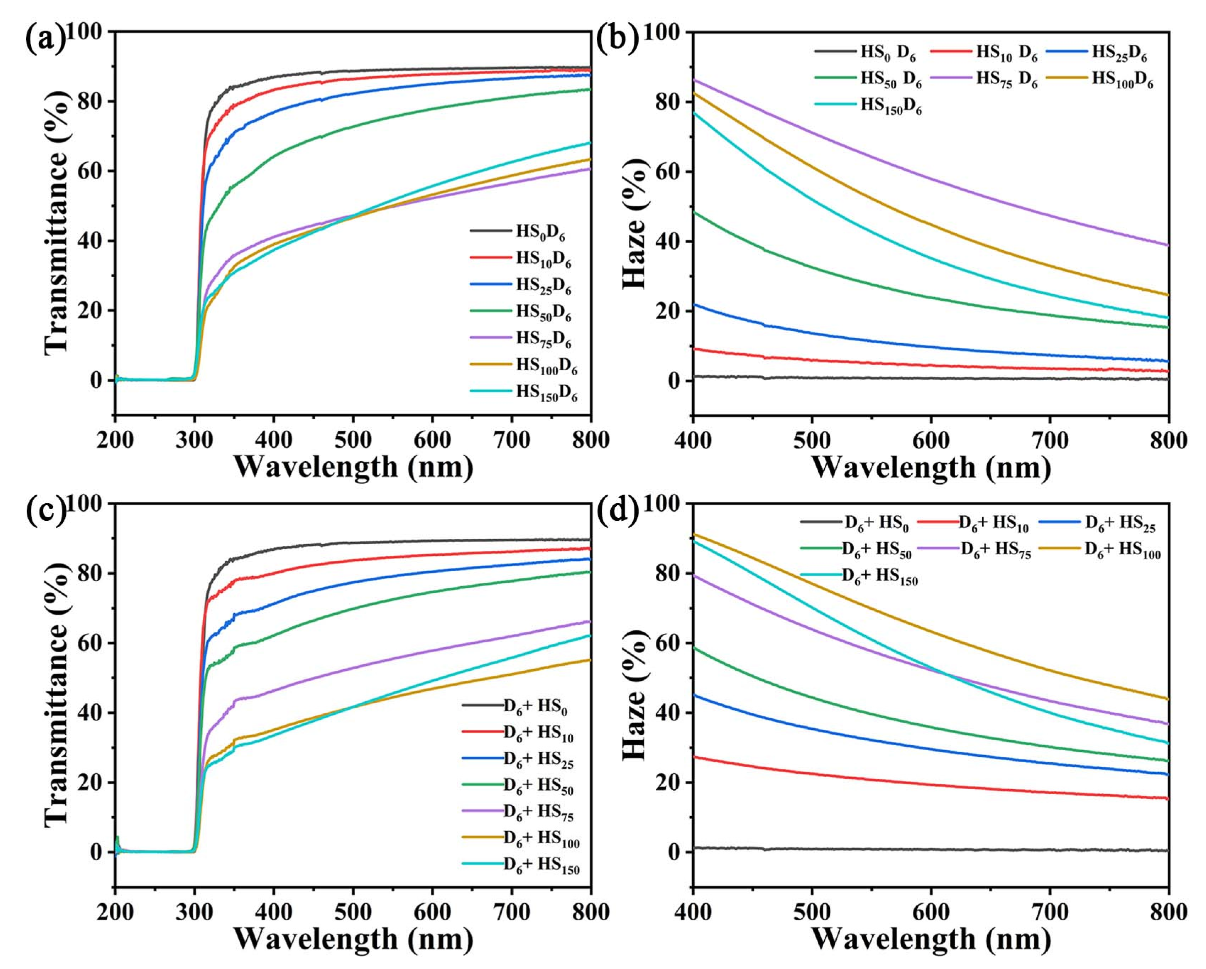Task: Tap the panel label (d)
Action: (x=617, y=510)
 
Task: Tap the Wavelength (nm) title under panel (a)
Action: (x=354, y=467)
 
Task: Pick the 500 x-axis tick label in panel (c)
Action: (x=353, y=913)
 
